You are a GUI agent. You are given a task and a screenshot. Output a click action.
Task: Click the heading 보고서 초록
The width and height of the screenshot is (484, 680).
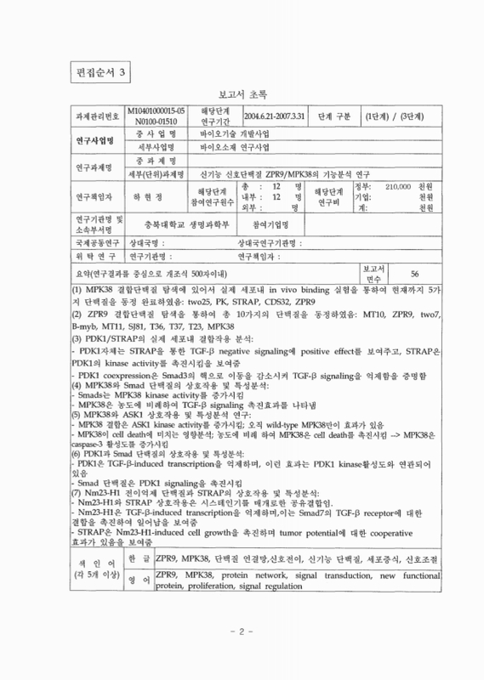point(243,96)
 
